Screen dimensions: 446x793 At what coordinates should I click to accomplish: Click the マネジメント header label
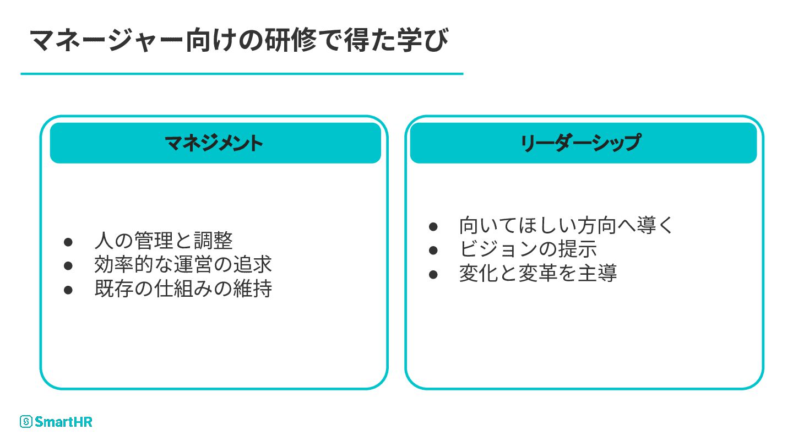pos(215,143)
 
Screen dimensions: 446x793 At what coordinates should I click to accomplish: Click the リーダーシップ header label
pos(581,143)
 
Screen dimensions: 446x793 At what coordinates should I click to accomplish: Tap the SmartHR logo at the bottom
pos(56,422)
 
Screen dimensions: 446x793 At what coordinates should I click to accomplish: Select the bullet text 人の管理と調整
pos(164,241)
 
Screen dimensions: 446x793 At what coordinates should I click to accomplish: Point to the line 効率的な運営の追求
pos(183,265)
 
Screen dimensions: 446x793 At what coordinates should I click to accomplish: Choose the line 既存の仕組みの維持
pos(183,289)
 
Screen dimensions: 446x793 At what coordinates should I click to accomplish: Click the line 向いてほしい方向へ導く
pos(566,226)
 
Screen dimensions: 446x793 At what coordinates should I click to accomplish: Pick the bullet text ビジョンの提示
pos(528,249)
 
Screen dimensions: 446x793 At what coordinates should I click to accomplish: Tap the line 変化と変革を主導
pos(538,273)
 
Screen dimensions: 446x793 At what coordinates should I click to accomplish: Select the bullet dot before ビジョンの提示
pos(433,250)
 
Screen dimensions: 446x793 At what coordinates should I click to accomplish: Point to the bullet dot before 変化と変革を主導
pos(433,274)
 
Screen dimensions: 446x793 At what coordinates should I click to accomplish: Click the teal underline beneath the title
pos(242,73)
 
